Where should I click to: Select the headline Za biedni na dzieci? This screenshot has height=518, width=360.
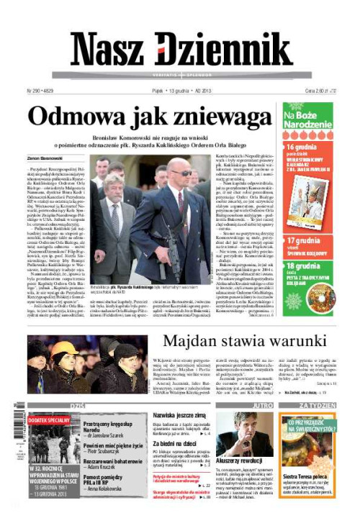[x=175, y=444]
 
